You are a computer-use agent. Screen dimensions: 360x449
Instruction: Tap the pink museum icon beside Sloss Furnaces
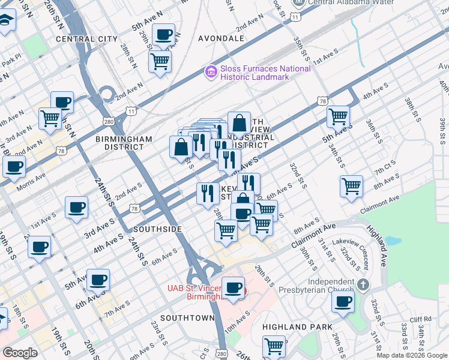[211, 73]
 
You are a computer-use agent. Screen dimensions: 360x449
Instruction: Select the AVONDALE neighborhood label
[221, 38]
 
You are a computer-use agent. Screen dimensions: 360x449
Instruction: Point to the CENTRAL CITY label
[87, 38]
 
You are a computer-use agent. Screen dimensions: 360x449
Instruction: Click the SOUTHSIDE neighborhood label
[157, 229]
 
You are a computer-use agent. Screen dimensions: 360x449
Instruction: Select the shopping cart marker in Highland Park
[274, 347]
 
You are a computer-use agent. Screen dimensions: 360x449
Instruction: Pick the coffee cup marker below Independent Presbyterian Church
[343, 301]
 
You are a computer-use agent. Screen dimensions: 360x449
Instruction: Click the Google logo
[20, 353]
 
